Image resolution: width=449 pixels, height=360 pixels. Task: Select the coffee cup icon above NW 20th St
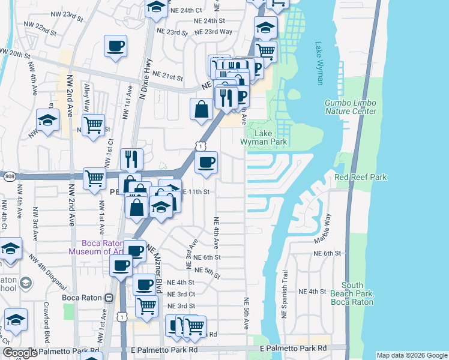115,46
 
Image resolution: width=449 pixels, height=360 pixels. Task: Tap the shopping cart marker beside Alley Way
93,126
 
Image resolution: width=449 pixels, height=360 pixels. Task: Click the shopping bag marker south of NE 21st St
201,110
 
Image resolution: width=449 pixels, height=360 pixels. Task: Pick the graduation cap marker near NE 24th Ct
156,8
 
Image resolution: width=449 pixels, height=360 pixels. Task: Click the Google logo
20,353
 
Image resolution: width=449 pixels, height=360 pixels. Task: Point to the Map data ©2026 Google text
411,355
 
